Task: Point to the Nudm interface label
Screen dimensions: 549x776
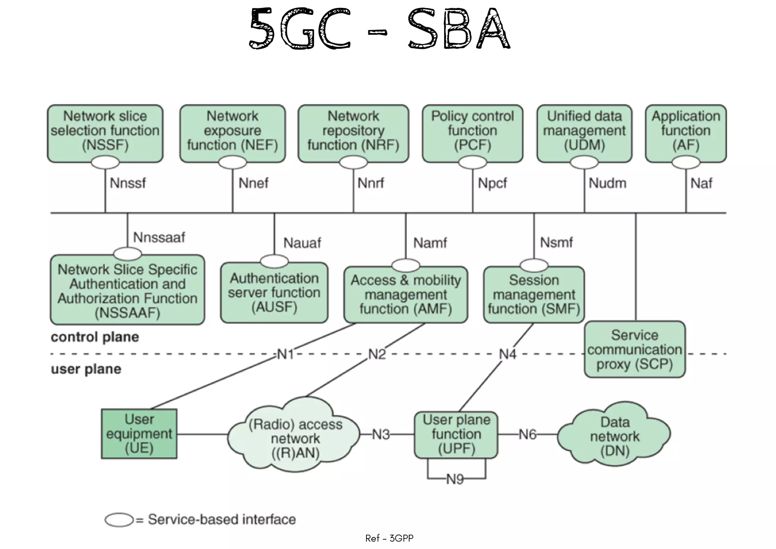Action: (607, 183)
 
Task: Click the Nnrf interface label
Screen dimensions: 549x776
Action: (371, 183)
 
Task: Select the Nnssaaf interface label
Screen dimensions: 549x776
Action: (159, 238)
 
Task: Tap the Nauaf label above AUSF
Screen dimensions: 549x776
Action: (302, 243)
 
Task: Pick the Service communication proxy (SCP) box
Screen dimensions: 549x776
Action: (634, 349)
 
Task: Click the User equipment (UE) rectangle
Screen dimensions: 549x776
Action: (139, 434)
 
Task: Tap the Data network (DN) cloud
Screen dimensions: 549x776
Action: (614, 436)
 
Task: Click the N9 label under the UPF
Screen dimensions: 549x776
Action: (455, 480)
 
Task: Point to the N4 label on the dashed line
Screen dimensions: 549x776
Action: (507, 354)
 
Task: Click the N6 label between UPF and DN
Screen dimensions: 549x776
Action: (527, 434)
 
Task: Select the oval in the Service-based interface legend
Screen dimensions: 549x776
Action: (119, 520)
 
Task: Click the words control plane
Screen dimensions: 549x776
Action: (95, 337)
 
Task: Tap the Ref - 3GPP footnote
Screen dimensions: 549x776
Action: (389, 538)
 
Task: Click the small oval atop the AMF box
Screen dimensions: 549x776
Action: (405, 265)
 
